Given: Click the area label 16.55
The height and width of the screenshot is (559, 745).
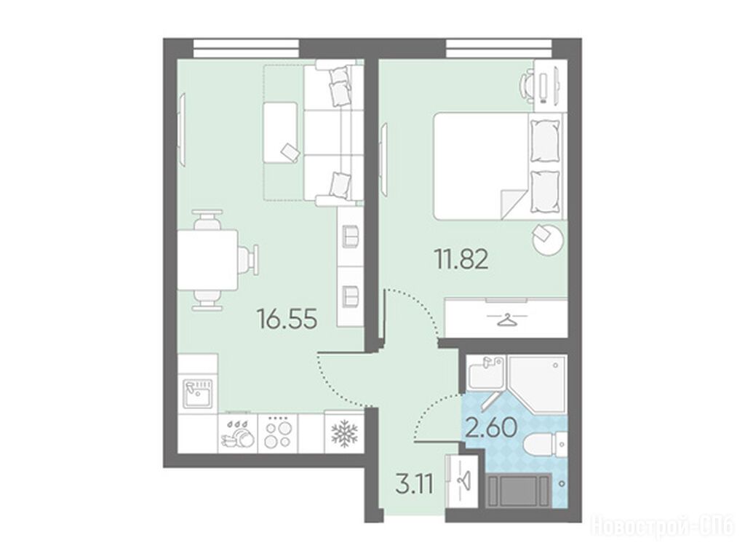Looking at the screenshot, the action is click(x=287, y=319).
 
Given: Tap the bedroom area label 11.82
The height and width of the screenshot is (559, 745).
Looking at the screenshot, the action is click(x=461, y=260).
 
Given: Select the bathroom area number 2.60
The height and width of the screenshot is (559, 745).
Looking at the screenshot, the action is click(x=491, y=427).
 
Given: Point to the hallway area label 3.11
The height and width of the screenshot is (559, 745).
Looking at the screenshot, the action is click(x=414, y=485).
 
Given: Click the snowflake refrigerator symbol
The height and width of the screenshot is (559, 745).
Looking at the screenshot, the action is click(x=343, y=433).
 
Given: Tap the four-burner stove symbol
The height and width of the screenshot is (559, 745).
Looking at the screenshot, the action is click(x=277, y=432).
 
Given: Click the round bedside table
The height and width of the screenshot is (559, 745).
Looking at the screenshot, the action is click(x=549, y=239).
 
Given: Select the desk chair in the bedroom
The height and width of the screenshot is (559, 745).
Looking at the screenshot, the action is click(x=527, y=86).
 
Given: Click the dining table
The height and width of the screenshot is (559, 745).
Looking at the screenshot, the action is click(x=207, y=260).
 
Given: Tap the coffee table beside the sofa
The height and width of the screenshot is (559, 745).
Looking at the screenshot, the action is click(x=280, y=133).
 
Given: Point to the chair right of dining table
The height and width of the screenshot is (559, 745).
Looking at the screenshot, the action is click(x=249, y=260).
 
